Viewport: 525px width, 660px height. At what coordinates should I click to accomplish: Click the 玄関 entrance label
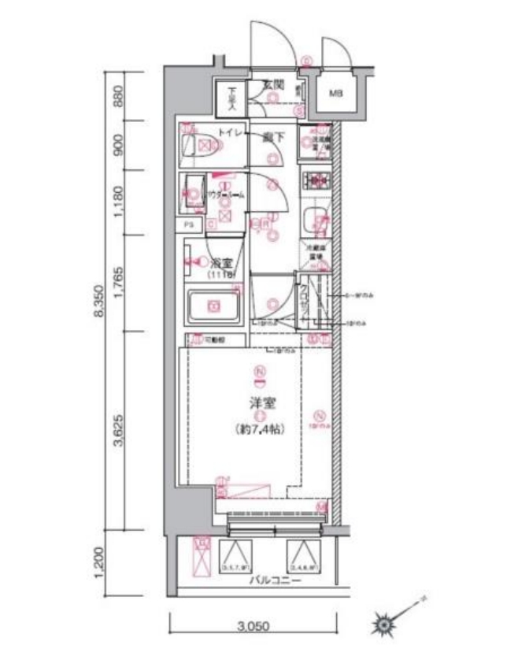click(272, 83)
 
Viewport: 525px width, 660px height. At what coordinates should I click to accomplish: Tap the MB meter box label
click(336, 94)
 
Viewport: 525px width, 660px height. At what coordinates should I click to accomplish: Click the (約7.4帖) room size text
click(260, 429)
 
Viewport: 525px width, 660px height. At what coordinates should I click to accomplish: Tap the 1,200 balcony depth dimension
click(98, 563)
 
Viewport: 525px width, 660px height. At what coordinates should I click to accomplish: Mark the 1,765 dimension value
click(119, 284)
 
